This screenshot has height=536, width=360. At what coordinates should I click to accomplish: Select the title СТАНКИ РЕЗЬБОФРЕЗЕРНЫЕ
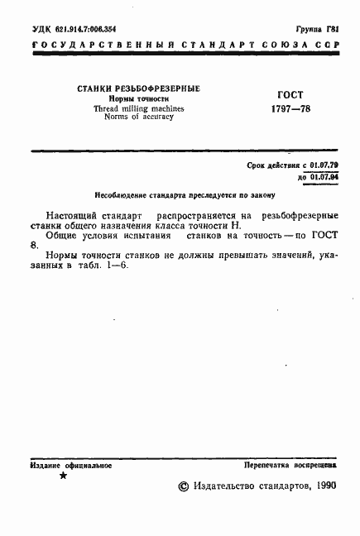click(139, 89)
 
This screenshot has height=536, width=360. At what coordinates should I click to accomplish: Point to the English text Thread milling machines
click(139, 108)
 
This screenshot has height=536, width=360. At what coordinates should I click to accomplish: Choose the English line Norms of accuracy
click(139, 117)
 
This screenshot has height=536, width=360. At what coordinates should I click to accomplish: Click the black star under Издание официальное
click(63, 477)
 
